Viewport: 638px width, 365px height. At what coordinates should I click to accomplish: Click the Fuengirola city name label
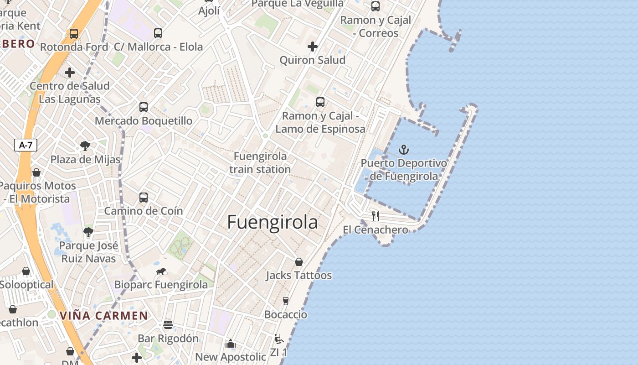tap(273, 222)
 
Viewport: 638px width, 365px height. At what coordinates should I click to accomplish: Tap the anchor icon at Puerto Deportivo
tap(403, 149)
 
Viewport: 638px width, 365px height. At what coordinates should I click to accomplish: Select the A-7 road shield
tap(26, 146)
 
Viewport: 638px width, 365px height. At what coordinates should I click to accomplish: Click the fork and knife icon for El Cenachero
tap(376, 216)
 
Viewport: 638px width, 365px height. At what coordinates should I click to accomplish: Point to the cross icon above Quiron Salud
tap(313, 46)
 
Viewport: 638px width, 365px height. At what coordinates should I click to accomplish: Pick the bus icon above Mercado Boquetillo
tap(144, 107)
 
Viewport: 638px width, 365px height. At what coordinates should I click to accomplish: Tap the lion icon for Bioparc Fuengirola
tap(160, 271)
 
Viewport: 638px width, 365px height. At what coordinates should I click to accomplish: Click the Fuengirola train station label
tap(260, 163)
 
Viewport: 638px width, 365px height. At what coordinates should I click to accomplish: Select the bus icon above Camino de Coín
tap(144, 198)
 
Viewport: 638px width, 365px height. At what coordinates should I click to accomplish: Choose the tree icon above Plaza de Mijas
tap(85, 146)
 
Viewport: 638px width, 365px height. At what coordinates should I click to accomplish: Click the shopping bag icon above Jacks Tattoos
tap(299, 262)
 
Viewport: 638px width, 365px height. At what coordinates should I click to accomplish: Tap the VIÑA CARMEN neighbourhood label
tap(104, 316)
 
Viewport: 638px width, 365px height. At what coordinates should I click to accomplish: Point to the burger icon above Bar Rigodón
tap(168, 325)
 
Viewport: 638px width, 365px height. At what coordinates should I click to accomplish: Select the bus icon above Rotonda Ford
tap(74, 33)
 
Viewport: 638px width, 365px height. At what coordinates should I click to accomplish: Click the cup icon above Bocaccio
tap(286, 301)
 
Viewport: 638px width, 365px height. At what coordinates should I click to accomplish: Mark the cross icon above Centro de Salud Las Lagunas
tap(70, 73)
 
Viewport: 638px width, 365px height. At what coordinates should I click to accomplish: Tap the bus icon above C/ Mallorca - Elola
tap(158, 33)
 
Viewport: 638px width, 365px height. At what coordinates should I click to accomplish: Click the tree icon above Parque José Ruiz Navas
tap(88, 232)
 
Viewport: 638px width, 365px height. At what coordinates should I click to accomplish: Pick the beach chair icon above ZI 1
tap(278, 339)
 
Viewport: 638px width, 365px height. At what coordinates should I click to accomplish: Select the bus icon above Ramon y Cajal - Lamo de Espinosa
tap(320, 102)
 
